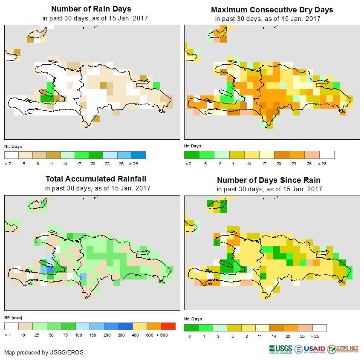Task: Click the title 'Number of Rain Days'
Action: [91, 9]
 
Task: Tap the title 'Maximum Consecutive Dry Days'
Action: [272, 9]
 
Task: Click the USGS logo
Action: [280, 349]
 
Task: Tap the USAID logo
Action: [310, 349]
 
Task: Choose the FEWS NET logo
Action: [343, 349]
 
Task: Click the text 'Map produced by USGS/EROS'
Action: [44, 352]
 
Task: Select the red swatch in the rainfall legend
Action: [168, 326]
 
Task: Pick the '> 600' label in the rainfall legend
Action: [168, 335]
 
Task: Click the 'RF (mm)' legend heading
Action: [13, 317]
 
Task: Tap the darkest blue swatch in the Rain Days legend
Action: [139, 154]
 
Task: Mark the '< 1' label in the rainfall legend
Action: [8, 335]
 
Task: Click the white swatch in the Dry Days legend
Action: [327, 154]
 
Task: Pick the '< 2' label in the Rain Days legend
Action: [8, 163]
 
